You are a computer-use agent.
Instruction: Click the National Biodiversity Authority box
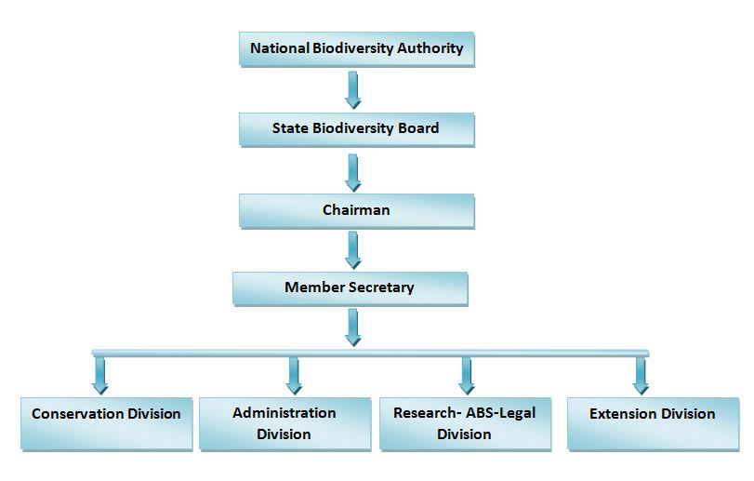click(357, 48)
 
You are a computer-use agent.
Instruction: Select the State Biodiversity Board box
click(356, 128)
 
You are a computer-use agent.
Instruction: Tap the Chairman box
click(356, 210)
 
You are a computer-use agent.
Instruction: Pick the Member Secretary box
click(350, 288)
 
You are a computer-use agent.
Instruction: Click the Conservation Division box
click(106, 421)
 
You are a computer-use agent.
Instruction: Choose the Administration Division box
click(284, 423)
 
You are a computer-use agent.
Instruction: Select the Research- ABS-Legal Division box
click(464, 423)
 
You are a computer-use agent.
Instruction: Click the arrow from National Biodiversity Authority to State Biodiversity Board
click(353, 89)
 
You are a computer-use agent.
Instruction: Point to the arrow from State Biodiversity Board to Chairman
click(353, 171)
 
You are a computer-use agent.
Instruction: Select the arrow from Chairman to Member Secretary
click(353, 249)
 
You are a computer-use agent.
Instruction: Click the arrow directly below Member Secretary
click(353, 327)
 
